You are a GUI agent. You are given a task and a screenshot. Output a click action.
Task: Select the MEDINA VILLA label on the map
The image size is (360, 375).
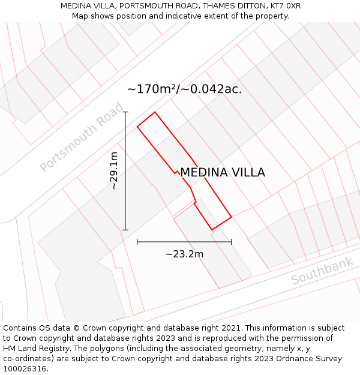[223, 173]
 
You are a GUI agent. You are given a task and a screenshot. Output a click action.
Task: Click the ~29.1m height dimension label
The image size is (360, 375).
[114, 171]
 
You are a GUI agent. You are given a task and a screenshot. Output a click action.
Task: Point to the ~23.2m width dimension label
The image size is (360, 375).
[184, 254]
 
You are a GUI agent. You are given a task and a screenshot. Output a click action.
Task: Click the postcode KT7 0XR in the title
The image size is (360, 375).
[285, 6]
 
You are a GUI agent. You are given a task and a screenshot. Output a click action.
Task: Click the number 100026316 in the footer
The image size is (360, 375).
[24, 369]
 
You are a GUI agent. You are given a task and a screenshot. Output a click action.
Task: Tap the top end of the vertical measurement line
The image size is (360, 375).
[125, 112]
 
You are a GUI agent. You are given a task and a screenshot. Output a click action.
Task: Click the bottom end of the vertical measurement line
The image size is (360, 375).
[125, 230]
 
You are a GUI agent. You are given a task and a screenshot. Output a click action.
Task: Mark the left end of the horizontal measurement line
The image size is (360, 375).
[137, 242]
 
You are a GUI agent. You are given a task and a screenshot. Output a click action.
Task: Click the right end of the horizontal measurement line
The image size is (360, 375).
[231, 242]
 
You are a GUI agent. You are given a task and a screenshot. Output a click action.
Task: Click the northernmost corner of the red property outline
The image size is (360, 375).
[155, 112]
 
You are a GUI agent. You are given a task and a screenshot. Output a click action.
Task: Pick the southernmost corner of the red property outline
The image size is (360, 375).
[212, 230]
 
